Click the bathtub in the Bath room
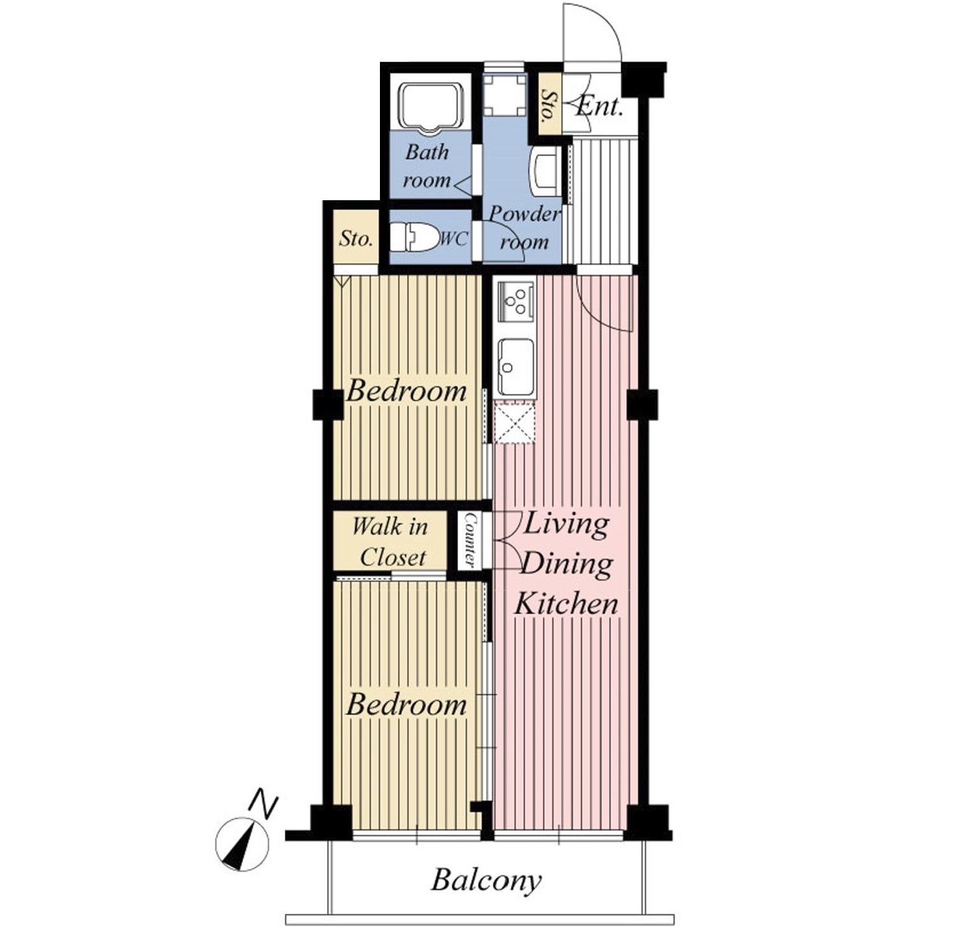coord(431,107)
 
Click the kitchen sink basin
coord(516,367)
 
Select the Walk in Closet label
coord(390,542)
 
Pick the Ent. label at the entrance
coord(599,106)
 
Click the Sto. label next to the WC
coord(356,239)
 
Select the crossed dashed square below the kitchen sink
coord(514,421)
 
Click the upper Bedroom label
coord(407,392)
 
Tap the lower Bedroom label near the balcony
coord(407,706)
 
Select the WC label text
coord(453,239)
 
